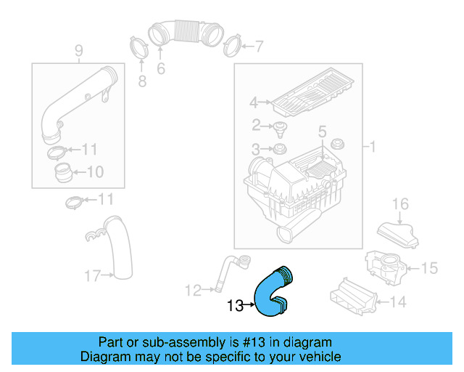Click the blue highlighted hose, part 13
tap(273, 294)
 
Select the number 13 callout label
tap(235, 306)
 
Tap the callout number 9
tap(78, 50)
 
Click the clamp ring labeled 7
tap(232, 46)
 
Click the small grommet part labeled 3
tap(277, 150)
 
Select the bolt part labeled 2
tap(278, 129)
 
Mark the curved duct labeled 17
tap(121, 251)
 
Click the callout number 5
tap(322, 133)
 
